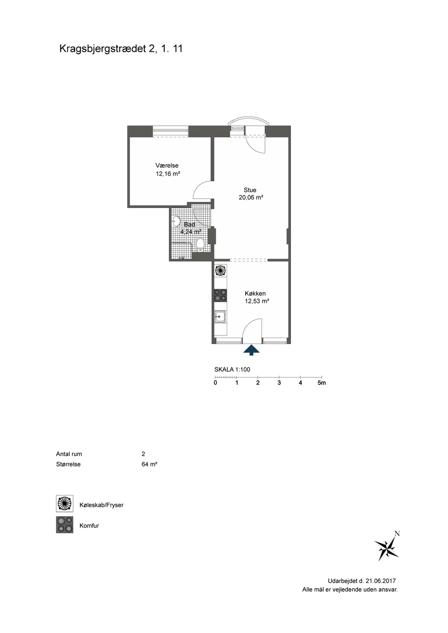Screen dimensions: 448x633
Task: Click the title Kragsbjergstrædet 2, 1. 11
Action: coord(121,49)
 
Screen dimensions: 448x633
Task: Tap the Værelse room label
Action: coord(167,165)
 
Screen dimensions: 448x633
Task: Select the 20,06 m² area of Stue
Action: coord(251,197)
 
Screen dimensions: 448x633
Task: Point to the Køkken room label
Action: coord(255,293)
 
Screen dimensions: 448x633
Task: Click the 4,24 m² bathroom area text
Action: coord(191,232)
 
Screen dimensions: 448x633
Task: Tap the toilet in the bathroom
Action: coord(200,245)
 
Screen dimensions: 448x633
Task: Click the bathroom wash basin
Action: coord(176,221)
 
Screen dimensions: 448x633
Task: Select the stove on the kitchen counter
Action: coord(220,295)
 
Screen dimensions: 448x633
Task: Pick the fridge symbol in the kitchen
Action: coord(220,271)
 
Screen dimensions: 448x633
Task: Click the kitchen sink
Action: coord(220,316)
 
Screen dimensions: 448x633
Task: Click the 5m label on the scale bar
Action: coord(322,383)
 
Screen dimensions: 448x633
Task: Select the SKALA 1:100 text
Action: coord(233,370)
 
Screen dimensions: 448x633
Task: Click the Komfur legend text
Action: coord(89,526)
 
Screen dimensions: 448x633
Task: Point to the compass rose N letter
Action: coord(397,534)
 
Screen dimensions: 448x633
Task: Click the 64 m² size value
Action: coord(149,464)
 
